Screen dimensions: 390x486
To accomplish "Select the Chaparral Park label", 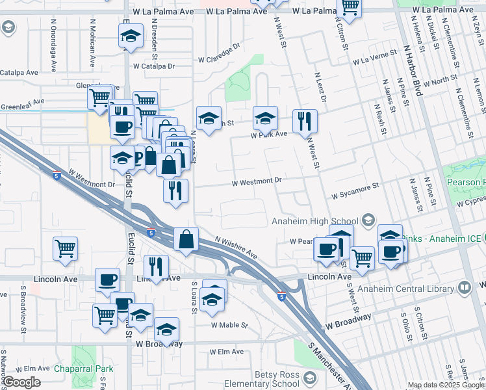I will pos(84,369).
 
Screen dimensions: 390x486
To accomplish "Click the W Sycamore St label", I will pos(355,191).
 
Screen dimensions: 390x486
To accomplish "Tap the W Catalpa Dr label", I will pos(154,66).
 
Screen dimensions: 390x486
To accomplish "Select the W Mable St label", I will pos(228,325).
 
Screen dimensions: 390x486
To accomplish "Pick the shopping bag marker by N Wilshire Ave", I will pos(186,239).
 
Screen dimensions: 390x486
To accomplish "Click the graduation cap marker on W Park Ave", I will pos(264,119).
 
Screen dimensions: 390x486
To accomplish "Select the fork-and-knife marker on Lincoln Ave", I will pos(156,266).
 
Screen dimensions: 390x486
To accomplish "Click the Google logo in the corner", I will pos(22,382).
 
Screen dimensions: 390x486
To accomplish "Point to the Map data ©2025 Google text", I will pos(446,385).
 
